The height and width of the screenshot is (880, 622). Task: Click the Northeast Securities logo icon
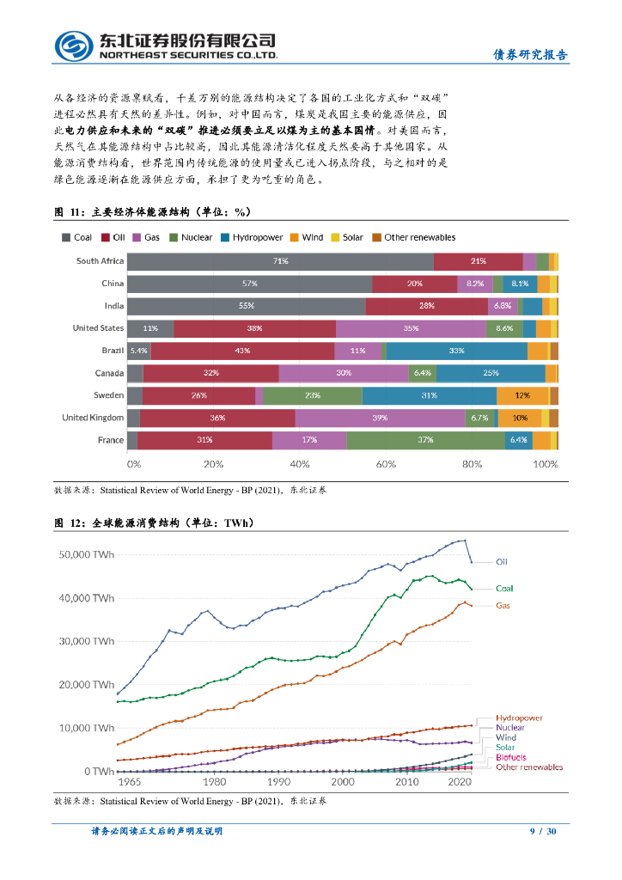click(x=74, y=46)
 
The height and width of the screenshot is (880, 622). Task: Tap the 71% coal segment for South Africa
click(x=280, y=260)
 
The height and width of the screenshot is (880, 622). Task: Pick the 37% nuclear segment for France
click(x=425, y=440)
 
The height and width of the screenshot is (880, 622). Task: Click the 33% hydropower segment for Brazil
click(x=456, y=351)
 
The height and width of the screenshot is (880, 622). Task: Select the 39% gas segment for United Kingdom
click(x=380, y=418)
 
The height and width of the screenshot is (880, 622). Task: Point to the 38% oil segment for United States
click(x=254, y=328)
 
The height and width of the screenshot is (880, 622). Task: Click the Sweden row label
click(x=108, y=395)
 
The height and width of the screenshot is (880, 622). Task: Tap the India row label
click(x=113, y=306)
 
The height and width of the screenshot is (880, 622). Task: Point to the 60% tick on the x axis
click(x=386, y=464)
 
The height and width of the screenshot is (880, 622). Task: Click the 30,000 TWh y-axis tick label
click(x=86, y=641)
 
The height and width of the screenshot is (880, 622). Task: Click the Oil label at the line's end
click(x=502, y=562)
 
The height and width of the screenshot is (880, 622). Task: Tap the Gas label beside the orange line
click(x=503, y=605)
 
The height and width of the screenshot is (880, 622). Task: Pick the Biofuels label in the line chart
click(x=512, y=757)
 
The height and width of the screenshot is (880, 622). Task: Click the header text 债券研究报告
click(x=529, y=55)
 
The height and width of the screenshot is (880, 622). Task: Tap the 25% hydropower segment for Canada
click(x=491, y=373)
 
